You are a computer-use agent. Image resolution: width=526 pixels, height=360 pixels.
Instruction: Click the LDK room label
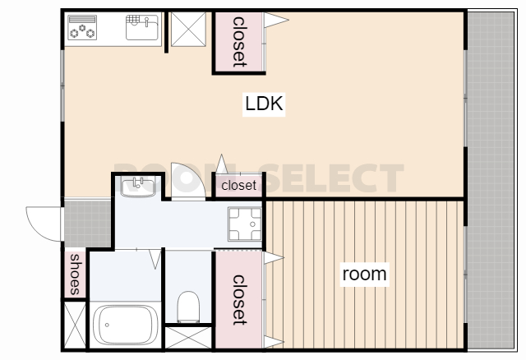pyautogui.click(x=264, y=104)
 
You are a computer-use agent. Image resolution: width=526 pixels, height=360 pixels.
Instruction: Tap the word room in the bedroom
pyautogui.click(x=364, y=275)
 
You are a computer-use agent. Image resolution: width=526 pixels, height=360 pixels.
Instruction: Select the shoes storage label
pyautogui.click(x=75, y=275)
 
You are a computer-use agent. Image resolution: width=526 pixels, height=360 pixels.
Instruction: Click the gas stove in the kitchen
pyautogui.click(x=82, y=27)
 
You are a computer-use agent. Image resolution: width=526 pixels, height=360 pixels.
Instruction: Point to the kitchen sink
pyautogui.click(x=142, y=27)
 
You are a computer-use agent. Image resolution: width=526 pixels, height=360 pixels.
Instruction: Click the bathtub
pyautogui.click(x=126, y=325)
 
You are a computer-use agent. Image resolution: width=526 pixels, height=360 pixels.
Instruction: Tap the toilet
pyautogui.click(x=188, y=307)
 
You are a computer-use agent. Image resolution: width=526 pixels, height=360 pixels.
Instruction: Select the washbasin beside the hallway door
pyautogui.click(x=138, y=187)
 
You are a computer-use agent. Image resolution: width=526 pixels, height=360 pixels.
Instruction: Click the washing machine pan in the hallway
pyautogui.click(x=245, y=224)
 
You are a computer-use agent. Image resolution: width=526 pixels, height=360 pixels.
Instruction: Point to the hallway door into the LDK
pyautogui.click(x=188, y=182)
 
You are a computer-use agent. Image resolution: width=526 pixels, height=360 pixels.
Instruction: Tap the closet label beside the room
pyautogui.click(x=239, y=300)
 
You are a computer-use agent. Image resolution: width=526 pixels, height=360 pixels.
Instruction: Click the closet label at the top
pyautogui.click(x=239, y=42)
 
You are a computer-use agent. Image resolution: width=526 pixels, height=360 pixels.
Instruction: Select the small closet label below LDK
pyautogui.click(x=238, y=185)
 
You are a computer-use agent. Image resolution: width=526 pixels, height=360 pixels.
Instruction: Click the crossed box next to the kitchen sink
pyautogui.click(x=188, y=30)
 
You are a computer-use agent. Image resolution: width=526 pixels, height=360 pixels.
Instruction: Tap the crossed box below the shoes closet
pyautogui.click(x=75, y=325)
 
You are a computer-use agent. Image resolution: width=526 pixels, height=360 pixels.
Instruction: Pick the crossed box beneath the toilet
pyautogui.click(x=188, y=338)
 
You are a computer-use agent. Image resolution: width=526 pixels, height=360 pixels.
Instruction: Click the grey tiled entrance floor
pyautogui.click(x=88, y=224)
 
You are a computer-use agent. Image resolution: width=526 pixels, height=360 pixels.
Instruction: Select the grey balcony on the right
pyautogui.click(x=491, y=181)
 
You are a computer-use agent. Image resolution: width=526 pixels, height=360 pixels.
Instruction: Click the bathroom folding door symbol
pyautogui.click(x=155, y=259)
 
